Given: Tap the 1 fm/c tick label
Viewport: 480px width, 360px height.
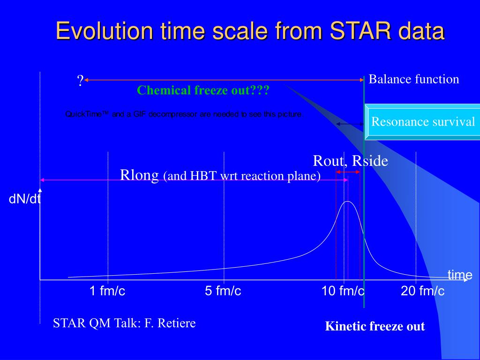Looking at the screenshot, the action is point(107,291).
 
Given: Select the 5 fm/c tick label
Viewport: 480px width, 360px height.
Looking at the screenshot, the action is point(223,291).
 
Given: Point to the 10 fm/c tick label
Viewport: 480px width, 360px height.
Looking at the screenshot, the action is point(343,291).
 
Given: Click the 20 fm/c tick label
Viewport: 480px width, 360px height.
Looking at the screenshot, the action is point(422,291).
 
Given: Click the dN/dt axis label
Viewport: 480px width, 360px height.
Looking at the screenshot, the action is point(24,199).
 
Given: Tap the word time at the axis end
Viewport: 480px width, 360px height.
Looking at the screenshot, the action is point(460,275).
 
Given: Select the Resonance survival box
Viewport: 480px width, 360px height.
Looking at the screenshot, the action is point(422,122).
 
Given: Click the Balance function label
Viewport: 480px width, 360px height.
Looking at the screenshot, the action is point(414,79).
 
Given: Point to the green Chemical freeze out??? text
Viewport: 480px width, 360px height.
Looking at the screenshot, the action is point(203,90).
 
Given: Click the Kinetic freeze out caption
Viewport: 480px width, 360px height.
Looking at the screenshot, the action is point(375,326).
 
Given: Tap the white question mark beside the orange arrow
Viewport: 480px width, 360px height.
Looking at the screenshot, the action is point(80,81).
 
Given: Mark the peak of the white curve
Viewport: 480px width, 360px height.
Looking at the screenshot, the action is point(348,202).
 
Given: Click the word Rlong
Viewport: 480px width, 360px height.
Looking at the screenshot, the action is point(139,175).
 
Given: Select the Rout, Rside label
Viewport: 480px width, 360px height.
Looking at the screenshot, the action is point(351,161).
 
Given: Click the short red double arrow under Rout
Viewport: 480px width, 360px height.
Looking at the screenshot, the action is point(348,172).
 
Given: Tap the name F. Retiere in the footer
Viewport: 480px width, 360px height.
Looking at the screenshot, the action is point(170,323).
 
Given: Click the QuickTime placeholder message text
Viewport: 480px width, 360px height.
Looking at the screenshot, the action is point(184,114).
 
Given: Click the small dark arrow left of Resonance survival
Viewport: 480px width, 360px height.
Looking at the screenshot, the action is point(350,124).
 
